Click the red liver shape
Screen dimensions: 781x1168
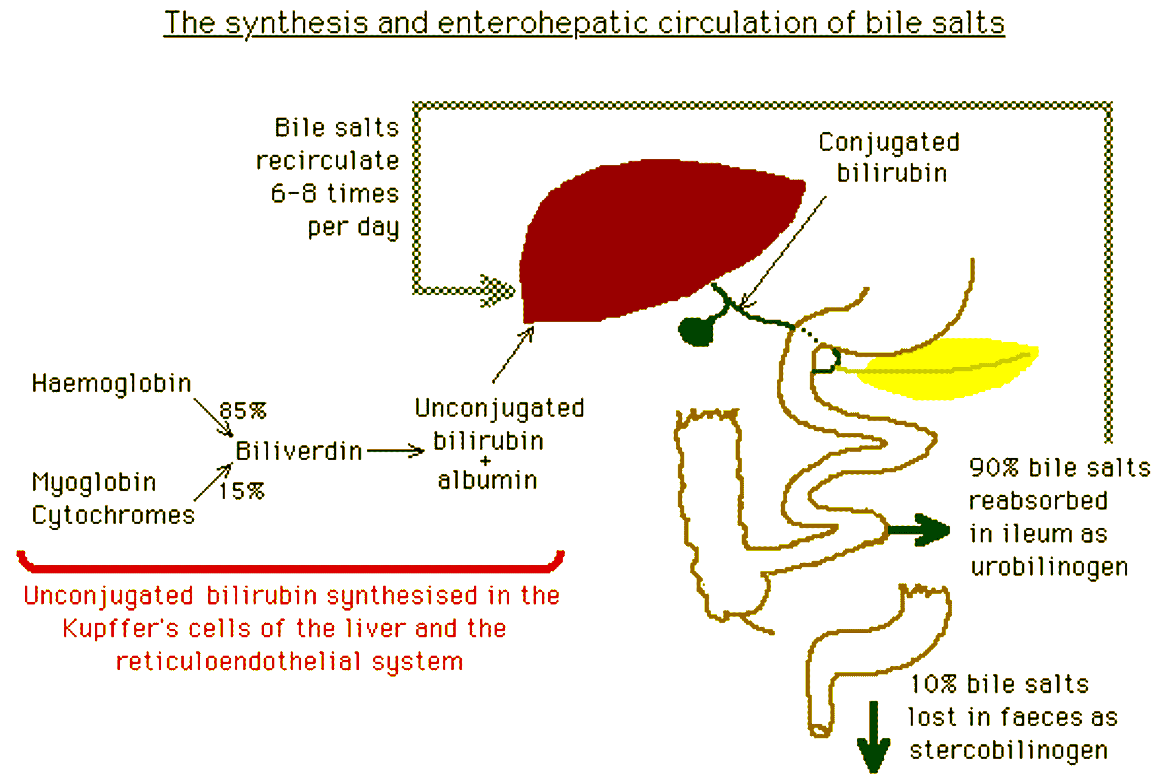[645, 237]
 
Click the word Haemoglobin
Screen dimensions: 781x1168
[111, 383]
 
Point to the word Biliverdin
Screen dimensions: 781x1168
[299, 451]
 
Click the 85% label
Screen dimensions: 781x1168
[243, 410]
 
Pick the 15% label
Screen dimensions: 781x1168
[242, 491]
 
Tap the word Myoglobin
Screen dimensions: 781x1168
[94, 482]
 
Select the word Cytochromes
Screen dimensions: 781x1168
[113, 515]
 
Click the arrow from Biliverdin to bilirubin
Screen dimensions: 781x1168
[395, 451]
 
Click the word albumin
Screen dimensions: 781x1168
[487, 480]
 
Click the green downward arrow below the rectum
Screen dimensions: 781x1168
[874, 740]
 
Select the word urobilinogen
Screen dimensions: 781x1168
[1049, 567]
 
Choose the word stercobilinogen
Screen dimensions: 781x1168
[1009, 750]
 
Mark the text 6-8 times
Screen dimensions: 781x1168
[335, 194]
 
